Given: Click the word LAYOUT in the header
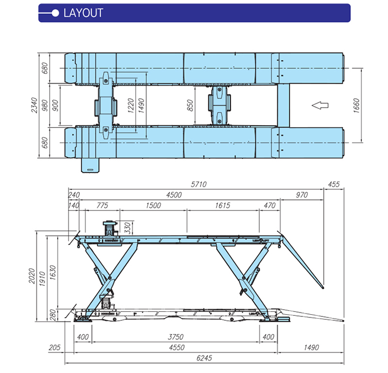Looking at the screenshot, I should [84, 13].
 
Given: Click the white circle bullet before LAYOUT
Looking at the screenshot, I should [55, 13].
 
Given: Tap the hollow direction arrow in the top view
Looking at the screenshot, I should [320, 104].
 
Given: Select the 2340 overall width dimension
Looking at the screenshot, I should [34, 105].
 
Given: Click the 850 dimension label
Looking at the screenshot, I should [191, 105].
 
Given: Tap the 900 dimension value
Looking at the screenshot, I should [54, 105].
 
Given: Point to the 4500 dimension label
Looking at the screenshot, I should [175, 195].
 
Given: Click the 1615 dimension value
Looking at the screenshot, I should [222, 205].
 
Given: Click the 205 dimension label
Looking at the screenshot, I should [54, 347].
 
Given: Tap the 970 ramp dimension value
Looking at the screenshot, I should [302, 195].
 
